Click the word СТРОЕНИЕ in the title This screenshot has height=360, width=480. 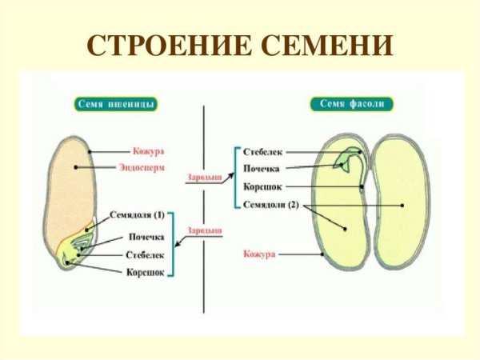161,45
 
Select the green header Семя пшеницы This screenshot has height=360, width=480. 116,104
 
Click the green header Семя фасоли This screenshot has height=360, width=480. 345,104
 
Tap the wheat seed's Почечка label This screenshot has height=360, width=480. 146,238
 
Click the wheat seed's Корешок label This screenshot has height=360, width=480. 146,272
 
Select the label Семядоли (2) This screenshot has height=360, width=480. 270,204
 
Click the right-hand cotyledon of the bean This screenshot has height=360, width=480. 405,204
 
